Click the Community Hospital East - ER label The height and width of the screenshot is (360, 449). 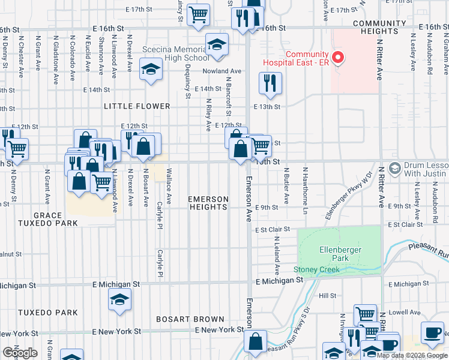307,59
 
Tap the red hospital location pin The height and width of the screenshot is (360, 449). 338,58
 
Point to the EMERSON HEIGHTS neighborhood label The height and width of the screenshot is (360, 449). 208,203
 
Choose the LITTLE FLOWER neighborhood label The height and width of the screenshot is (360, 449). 137,106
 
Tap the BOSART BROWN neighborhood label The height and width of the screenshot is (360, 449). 190,319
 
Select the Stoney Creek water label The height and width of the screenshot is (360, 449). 316,270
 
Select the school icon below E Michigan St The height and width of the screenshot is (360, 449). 119,299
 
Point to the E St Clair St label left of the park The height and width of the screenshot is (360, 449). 272,230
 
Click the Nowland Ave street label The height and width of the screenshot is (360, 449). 221,71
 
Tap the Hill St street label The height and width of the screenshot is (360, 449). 327,296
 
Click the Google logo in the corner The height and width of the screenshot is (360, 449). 19,353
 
